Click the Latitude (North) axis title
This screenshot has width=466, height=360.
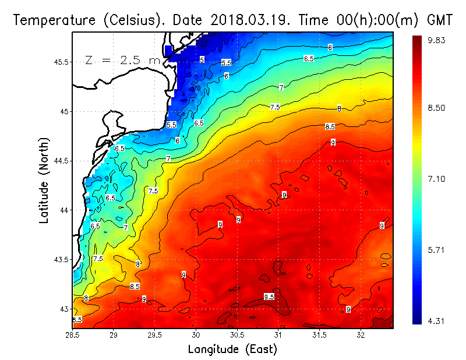45,181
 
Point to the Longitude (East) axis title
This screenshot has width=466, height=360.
232,350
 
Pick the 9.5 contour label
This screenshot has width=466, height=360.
269,297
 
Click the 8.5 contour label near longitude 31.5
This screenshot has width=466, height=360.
330,126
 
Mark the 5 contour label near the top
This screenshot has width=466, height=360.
202,59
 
